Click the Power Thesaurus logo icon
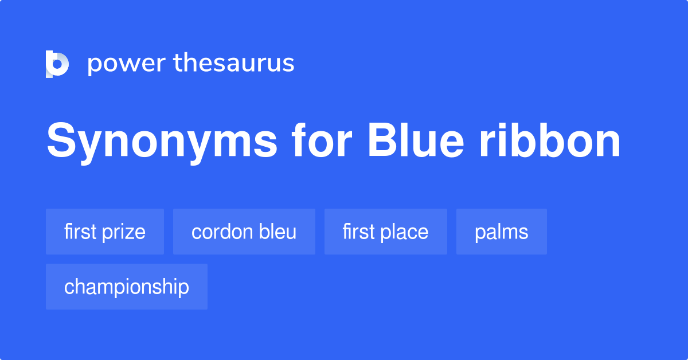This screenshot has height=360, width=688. tap(57, 64)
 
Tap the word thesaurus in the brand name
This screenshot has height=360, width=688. tap(234, 63)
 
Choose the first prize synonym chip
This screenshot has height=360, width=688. tap(105, 232)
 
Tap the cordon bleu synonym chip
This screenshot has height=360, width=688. tap(244, 232)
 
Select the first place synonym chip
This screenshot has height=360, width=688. tap(386, 232)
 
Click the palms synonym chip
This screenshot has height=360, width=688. tap(502, 232)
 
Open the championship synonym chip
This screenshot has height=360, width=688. tap(127, 287)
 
